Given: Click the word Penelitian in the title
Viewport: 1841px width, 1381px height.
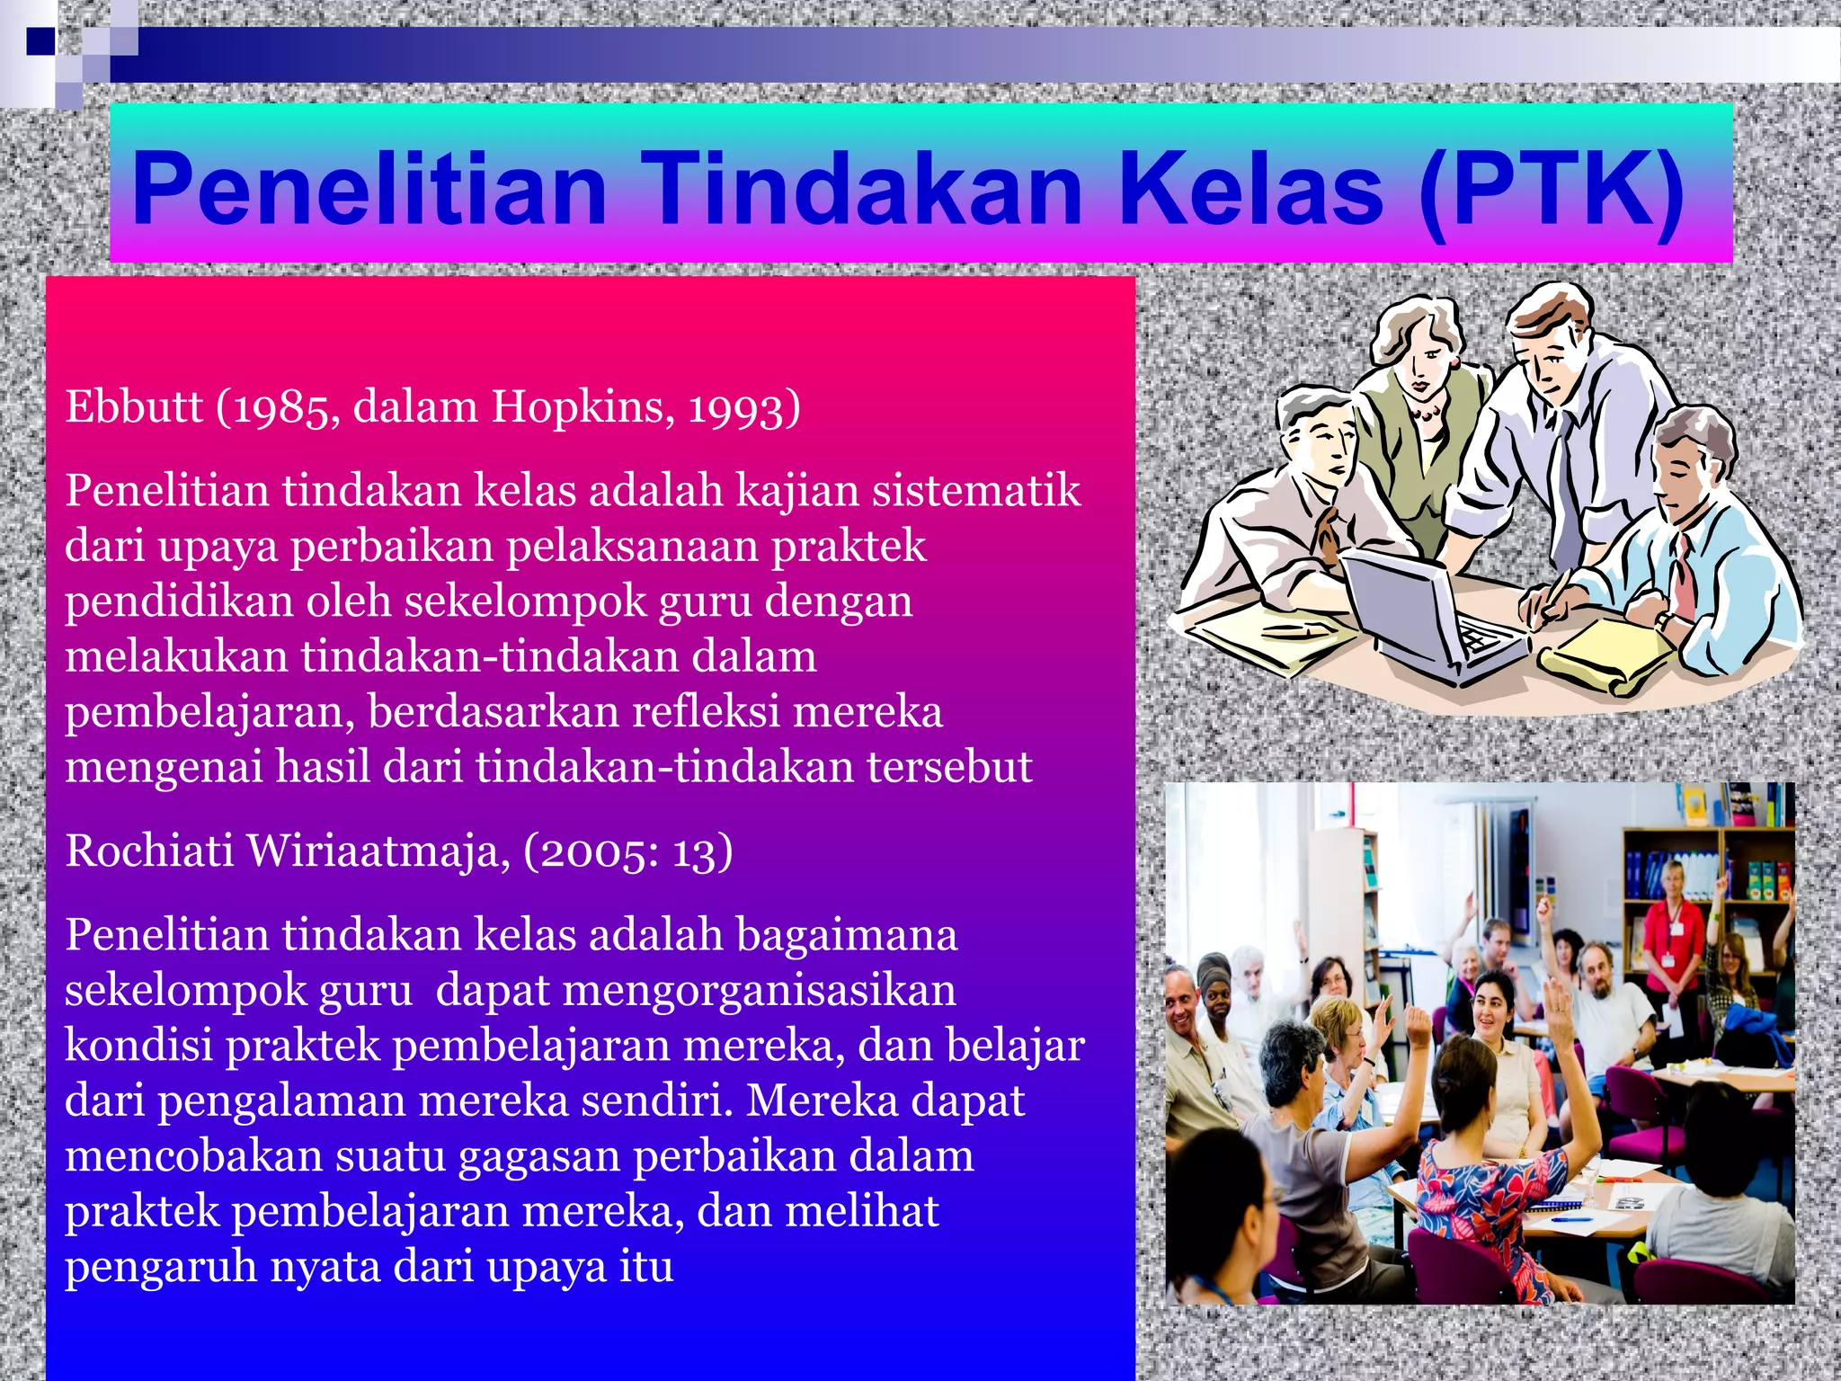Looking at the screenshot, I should click(369, 190).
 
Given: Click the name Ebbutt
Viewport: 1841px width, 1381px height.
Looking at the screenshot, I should click(134, 407).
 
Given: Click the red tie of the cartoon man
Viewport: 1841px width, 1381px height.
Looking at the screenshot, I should click(1681, 575).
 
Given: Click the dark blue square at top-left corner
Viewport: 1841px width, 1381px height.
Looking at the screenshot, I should click(40, 41).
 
